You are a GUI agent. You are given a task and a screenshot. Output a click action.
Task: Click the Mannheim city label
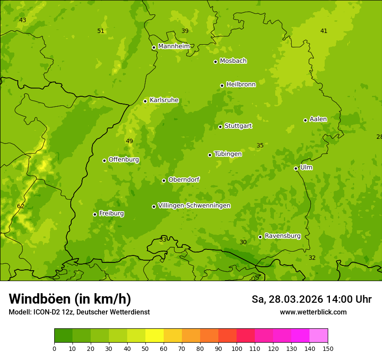[174, 46]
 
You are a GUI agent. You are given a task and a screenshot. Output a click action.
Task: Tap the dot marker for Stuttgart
[220, 127]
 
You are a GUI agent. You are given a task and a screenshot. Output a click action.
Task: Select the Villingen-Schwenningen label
[194, 206]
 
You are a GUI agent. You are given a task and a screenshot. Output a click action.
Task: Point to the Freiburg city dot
[95, 214]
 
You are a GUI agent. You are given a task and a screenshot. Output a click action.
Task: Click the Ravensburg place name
[282, 236]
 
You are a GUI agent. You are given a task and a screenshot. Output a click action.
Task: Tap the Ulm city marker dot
[296, 168]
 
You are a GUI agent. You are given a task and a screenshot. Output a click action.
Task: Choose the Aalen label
[318, 119]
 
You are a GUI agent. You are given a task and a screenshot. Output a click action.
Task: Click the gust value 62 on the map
[21, 206]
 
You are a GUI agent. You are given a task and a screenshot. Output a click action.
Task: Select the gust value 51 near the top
[101, 31]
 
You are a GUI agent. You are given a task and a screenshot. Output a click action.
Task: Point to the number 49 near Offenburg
[129, 141]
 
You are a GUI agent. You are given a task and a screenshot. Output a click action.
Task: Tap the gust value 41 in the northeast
[324, 31]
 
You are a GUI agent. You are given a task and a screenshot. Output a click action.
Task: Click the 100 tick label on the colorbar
[237, 348]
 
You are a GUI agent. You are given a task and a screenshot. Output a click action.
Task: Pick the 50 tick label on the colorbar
[145, 348]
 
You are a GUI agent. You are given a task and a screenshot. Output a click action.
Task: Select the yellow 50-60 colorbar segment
[155, 336]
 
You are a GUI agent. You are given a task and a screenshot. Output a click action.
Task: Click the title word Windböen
[40, 299]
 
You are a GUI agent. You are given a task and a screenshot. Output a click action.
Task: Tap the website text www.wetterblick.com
[313, 312]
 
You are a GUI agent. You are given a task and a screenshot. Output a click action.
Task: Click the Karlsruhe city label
[164, 100]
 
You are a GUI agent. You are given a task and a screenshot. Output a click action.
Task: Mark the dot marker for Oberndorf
[164, 180]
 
